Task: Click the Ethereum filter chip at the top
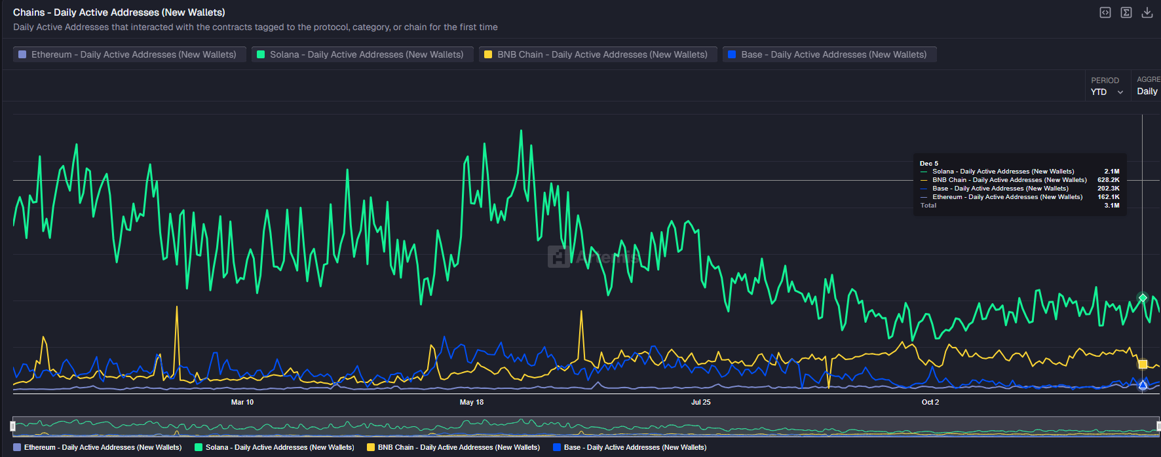tap(129, 54)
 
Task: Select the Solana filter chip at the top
tap(362, 54)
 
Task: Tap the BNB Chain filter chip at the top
tap(598, 54)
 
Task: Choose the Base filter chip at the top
tap(829, 54)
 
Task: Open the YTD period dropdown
tap(1107, 92)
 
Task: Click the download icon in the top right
tap(1147, 12)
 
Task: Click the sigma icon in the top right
tap(1126, 12)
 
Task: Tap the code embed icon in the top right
tap(1105, 12)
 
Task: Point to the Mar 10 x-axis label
tap(242, 402)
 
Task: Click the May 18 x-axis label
tap(472, 402)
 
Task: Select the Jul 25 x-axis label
tap(701, 402)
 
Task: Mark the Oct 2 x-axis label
tap(930, 402)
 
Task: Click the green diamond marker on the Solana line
tap(1143, 298)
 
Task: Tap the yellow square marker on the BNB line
tap(1143, 364)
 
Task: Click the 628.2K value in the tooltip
tap(1109, 180)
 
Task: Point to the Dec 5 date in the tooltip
tap(929, 164)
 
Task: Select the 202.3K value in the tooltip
tap(1109, 189)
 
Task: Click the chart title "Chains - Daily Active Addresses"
tap(119, 12)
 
